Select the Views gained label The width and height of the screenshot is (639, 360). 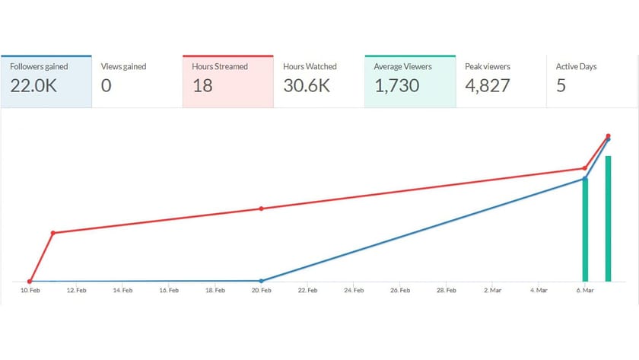tap(123, 67)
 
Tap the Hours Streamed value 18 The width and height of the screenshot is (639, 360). tap(202, 85)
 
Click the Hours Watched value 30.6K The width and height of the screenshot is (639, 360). tap(306, 85)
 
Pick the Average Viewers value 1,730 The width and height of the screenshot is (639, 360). tap(396, 85)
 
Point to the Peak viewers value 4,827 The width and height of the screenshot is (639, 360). tap(487, 85)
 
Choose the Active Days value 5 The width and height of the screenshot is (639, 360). tap(561, 85)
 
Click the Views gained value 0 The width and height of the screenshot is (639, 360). tap(106, 85)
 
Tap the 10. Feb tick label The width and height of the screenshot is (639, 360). tap(30, 290)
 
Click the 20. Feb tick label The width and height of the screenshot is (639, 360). tap(262, 290)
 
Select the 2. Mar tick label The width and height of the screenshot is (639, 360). tap(492, 290)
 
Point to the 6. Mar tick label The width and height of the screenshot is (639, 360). tap(584, 290)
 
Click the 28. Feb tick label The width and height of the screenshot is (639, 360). tap(446, 290)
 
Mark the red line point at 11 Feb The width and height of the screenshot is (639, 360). tap(52, 233)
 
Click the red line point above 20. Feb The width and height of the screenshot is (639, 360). tap(261, 209)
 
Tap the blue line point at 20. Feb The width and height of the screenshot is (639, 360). tap(261, 281)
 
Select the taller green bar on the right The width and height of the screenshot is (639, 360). tap(608, 219)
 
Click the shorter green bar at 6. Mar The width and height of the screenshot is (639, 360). tap(585, 230)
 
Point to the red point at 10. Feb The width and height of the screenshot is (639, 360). tap(30, 282)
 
